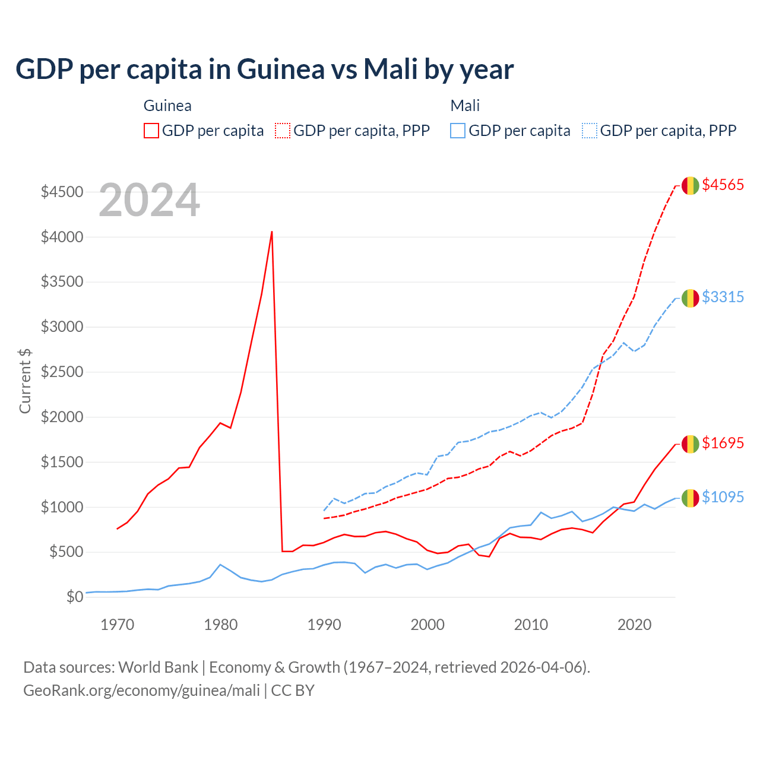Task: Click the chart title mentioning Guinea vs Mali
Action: (264, 69)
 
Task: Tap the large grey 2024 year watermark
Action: (149, 201)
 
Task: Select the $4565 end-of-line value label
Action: (723, 185)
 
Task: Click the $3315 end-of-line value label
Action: (723, 297)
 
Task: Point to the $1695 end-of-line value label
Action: (723, 443)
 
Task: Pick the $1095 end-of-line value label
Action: (723, 497)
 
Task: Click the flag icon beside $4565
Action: (690, 185)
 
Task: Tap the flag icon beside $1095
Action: (690, 498)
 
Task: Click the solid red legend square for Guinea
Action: (151, 131)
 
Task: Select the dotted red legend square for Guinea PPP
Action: (283, 131)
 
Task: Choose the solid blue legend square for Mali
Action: (458, 131)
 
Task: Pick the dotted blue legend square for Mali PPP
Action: (590, 131)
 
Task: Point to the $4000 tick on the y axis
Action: (62, 237)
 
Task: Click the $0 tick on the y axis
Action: (74, 597)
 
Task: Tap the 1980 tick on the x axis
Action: (221, 625)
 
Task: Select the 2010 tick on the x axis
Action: (531, 625)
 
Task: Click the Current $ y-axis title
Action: (25, 381)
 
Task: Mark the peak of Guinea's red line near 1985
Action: (272, 232)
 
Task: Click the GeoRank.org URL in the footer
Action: (141, 691)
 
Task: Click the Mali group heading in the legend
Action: (465, 106)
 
